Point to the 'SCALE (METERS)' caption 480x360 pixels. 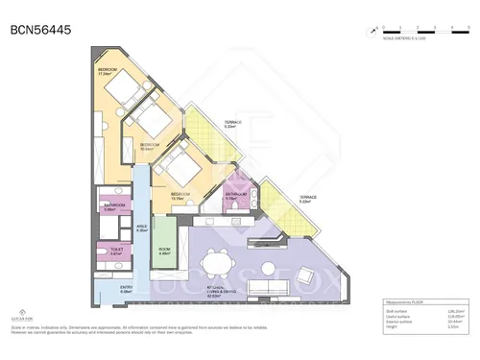[400, 41]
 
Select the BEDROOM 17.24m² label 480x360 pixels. [108, 73]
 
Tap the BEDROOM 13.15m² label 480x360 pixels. [180, 196]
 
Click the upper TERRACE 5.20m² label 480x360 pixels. [232, 125]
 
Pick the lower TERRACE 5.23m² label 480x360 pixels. [307, 199]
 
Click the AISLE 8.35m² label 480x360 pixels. [141, 228]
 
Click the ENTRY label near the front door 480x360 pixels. [127, 288]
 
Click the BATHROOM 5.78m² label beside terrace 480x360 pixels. [237, 196]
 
